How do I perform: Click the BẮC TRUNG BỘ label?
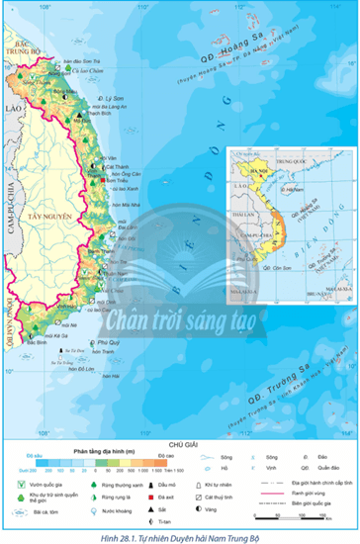click(x=18, y=46)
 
